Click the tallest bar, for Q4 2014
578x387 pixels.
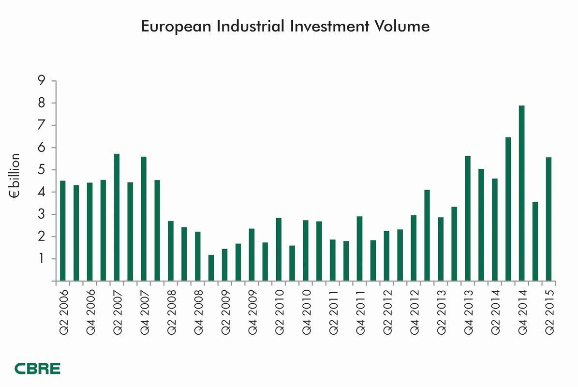point(521,193)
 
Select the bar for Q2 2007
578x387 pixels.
point(117,218)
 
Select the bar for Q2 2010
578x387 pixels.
point(279,250)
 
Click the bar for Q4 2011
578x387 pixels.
point(359,249)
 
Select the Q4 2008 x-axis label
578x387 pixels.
point(198,310)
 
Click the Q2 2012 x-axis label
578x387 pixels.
point(387,310)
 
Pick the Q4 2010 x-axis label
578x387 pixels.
point(306,310)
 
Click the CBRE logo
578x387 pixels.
point(37,369)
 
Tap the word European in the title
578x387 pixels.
point(175,27)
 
